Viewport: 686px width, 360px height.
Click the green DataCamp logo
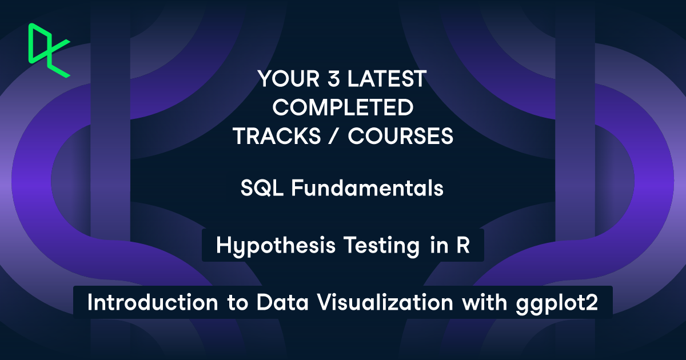49,50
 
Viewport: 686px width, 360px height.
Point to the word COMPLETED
342,107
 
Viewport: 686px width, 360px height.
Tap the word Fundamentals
367,189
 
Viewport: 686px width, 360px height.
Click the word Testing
380,246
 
